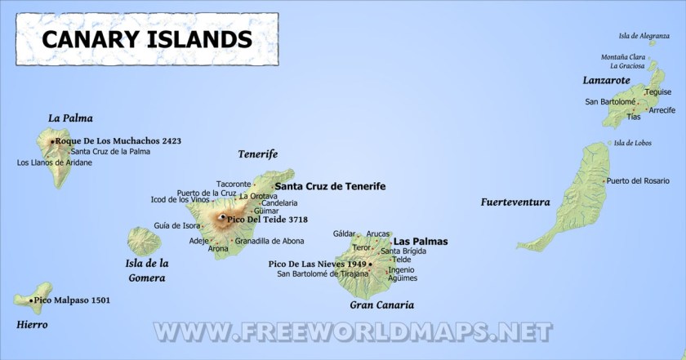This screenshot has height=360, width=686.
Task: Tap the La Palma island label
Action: click(x=70, y=118)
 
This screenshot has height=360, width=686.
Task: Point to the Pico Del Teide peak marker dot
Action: click(x=222, y=218)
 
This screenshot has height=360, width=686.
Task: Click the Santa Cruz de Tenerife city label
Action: click(x=330, y=186)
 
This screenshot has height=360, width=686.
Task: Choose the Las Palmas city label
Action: click(x=420, y=242)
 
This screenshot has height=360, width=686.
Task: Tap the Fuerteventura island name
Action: click(x=514, y=202)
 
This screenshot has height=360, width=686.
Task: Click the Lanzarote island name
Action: click(x=606, y=80)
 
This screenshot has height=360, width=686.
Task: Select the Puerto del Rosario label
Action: click(x=638, y=180)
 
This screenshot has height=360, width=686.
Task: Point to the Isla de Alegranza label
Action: click(x=649, y=36)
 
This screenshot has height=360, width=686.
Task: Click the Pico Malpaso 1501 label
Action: click(x=72, y=300)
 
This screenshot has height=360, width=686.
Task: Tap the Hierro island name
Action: click(x=32, y=324)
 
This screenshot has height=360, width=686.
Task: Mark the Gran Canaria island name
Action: click(x=381, y=305)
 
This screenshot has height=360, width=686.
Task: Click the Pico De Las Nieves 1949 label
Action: click(x=317, y=264)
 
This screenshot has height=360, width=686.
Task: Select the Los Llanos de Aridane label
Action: click(x=54, y=162)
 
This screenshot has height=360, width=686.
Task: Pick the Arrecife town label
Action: click(x=661, y=109)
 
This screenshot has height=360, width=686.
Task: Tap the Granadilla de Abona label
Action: click(x=269, y=241)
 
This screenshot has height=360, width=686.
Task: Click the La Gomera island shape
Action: click(x=144, y=242)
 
